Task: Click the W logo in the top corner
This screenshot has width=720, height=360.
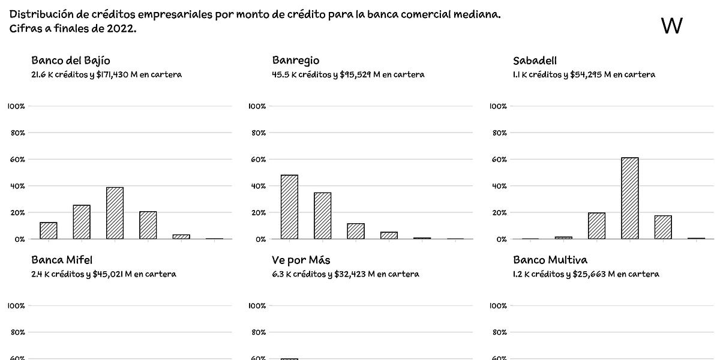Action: pos(671,26)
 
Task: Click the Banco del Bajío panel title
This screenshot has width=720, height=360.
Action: pos(70,61)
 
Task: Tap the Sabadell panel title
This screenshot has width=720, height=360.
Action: pos(535,61)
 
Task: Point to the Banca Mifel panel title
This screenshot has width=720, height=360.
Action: pos(61,260)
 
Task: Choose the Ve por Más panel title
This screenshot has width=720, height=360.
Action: pos(301,260)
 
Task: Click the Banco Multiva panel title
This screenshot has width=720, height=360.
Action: pos(550,260)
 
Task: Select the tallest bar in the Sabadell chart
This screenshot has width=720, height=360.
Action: pos(630,198)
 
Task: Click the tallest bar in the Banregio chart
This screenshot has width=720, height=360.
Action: pos(289,207)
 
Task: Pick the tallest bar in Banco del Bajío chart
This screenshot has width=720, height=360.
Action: pos(115,213)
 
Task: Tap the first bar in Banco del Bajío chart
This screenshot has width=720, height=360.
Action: pos(49,230)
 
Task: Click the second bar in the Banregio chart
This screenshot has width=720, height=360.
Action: pos(322,216)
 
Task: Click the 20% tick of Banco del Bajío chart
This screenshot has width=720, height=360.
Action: pos(16,212)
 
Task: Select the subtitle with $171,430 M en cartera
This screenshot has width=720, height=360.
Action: pos(106,75)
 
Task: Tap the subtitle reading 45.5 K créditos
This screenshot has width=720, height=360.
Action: pos(348,75)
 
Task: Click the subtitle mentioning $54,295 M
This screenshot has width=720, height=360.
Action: pos(584,75)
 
